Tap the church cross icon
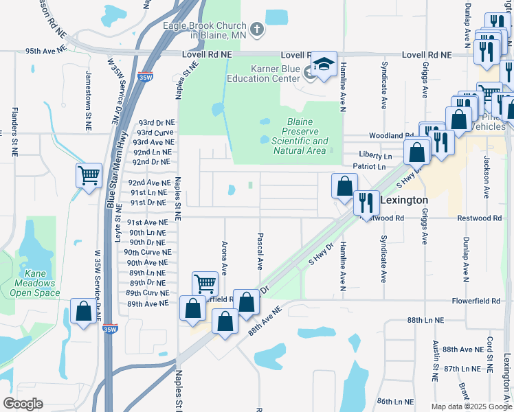point(256,29)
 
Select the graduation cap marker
point(324,65)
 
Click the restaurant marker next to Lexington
point(366,202)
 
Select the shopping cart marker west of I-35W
point(89,176)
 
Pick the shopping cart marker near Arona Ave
point(205,283)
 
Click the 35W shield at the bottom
point(110,330)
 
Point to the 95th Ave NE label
point(45,51)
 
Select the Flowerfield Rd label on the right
point(476,301)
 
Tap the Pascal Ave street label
point(260,251)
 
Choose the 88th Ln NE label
point(425,321)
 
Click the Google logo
point(23,404)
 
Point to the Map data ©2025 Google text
point(470,407)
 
